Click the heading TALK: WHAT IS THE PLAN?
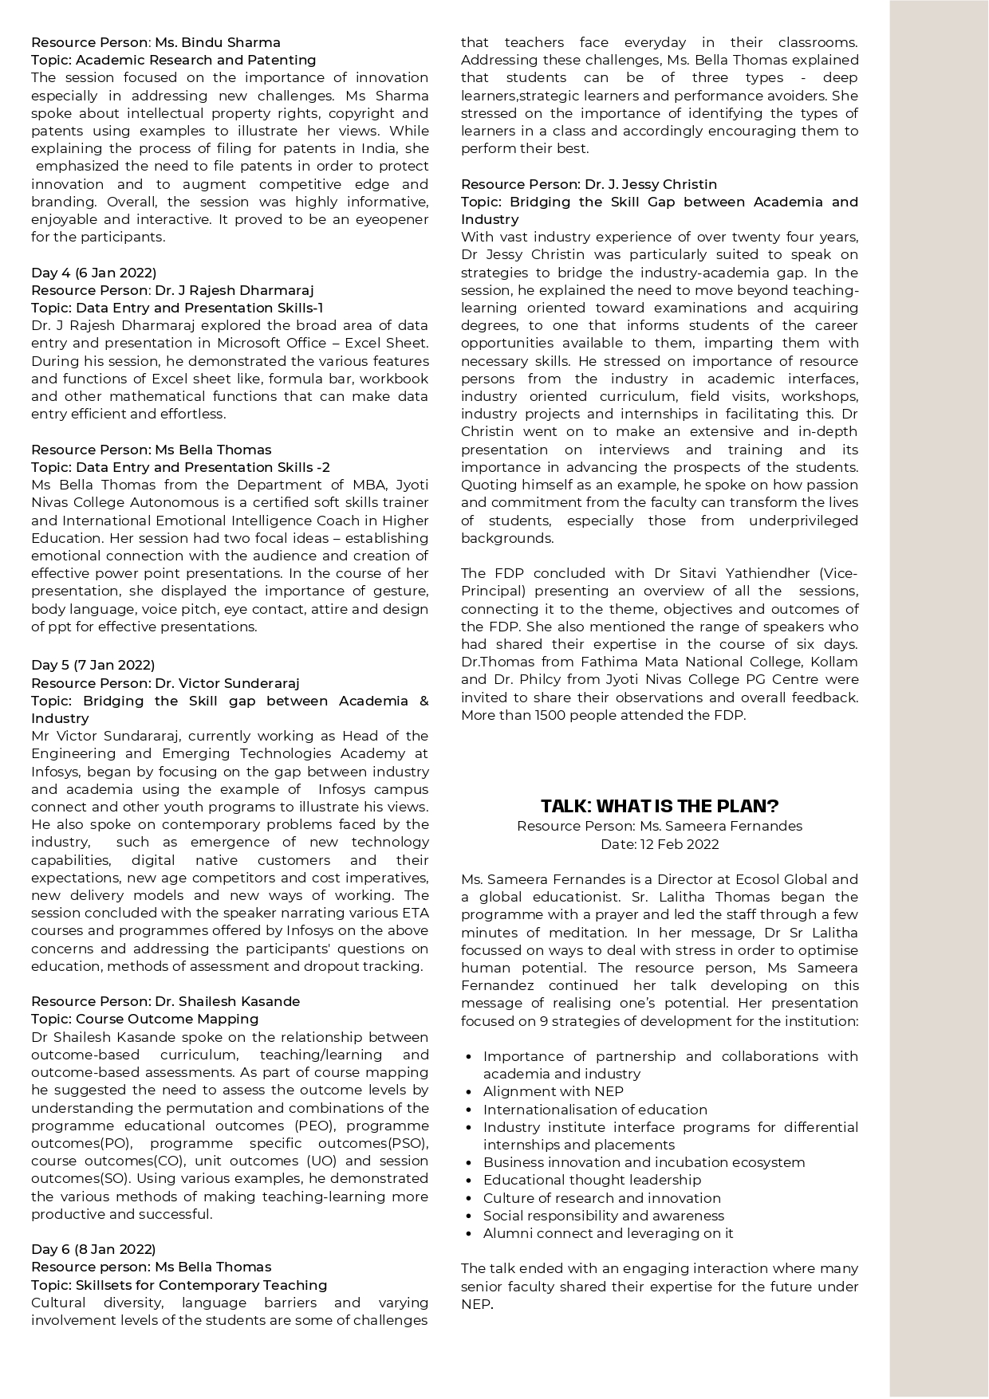click(660, 806)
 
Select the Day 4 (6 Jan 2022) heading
click(93, 273)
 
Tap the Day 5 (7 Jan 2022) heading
click(93, 665)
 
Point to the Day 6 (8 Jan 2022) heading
click(93, 1249)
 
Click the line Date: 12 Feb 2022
click(660, 844)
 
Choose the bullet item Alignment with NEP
click(553, 1091)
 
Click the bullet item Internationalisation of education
click(595, 1110)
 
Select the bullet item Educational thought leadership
click(592, 1180)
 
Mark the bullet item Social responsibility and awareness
click(603, 1216)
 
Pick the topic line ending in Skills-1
click(177, 308)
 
